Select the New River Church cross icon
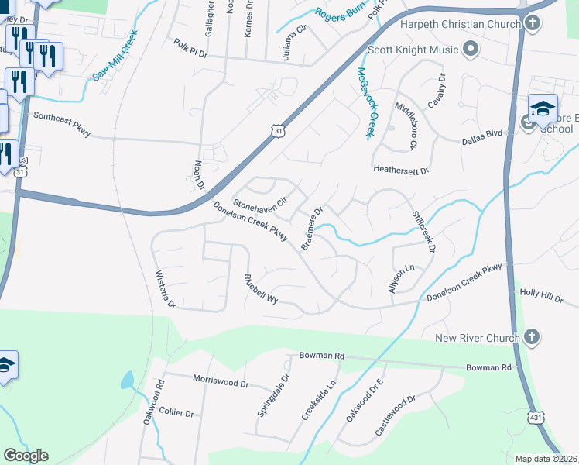point(531,337)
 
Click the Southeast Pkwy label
point(62,126)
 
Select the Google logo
point(26,456)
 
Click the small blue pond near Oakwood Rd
point(126,381)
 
